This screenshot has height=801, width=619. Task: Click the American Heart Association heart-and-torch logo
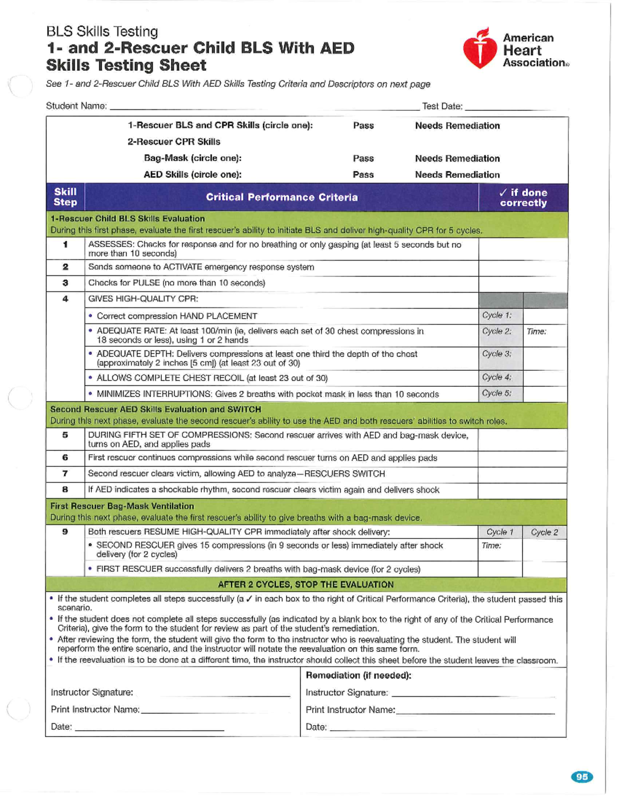480,49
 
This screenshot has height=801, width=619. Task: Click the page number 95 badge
582,777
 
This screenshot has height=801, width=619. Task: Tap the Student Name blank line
263,107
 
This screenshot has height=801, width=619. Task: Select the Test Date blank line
508,107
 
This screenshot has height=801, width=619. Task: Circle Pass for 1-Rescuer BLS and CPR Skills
363,125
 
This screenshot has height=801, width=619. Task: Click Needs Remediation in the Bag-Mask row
457,158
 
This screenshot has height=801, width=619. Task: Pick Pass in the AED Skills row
363,174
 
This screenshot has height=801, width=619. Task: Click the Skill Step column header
66,197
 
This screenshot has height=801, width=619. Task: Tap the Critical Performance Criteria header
282,197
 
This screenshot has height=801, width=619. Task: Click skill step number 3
66,283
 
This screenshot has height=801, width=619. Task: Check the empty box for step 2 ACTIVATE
523,267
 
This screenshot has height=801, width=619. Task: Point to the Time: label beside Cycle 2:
536,332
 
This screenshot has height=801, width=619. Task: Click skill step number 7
65,473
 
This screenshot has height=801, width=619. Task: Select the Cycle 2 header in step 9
544,532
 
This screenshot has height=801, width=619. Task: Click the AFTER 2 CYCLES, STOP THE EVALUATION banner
305,584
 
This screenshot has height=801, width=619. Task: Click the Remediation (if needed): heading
359,675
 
